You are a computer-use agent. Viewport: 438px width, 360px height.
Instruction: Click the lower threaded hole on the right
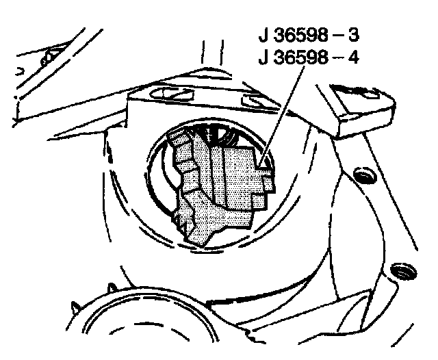click(399, 270)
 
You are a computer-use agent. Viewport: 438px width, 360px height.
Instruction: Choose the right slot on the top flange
click(257, 101)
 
